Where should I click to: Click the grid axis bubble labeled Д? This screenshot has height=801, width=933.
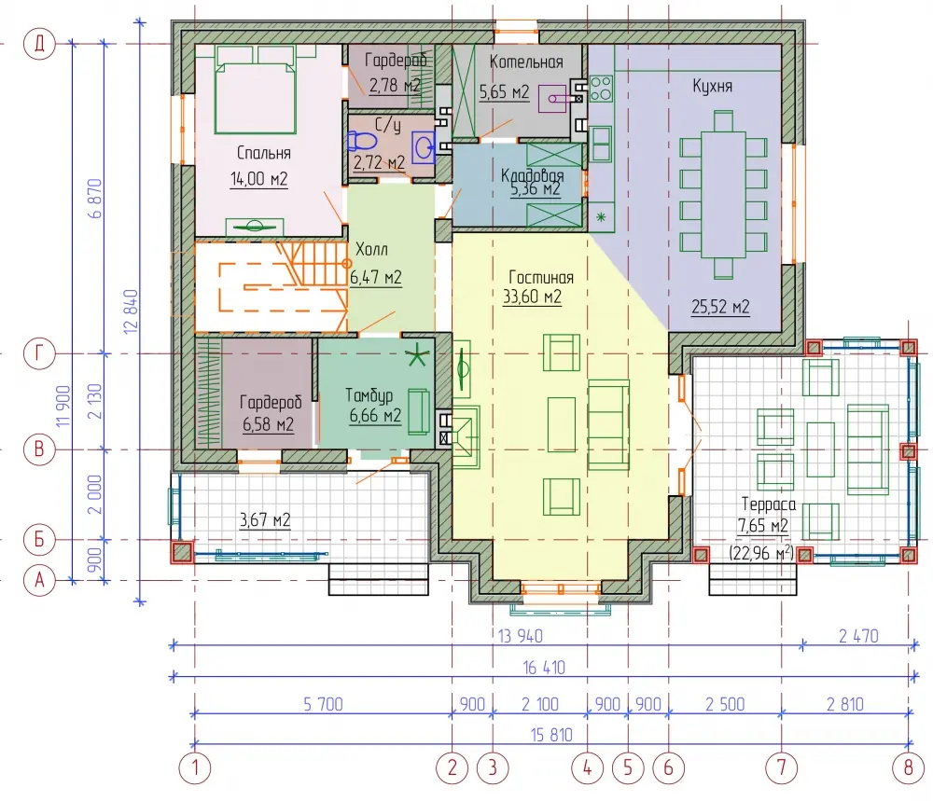click(39, 44)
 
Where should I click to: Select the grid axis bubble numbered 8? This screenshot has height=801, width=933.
click(908, 767)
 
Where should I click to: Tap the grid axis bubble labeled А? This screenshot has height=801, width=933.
click(39, 579)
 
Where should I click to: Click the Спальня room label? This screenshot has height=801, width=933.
click(264, 153)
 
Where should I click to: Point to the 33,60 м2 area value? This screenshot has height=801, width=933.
click(532, 297)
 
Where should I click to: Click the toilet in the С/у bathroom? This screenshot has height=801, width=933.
click(362, 142)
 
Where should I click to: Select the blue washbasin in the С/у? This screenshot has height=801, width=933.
click(425, 145)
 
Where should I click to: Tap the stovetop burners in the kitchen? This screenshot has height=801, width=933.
click(601, 88)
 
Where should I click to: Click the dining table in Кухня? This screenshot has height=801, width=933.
click(723, 195)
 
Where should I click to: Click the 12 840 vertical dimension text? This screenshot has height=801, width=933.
click(131, 311)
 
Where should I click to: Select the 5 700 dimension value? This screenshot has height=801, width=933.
click(323, 704)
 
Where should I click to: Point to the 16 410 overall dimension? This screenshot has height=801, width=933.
click(544, 668)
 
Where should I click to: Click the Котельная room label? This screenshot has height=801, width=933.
click(526, 62)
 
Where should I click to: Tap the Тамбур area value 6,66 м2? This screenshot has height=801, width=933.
click(375, 415)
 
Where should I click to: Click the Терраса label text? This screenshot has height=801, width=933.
click(768, 504)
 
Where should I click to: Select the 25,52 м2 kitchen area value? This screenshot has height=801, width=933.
click(720, 307)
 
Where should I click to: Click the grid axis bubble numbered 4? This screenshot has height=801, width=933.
click(587, 767)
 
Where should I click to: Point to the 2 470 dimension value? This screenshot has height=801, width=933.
click(858, 636)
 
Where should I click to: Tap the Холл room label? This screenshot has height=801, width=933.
click(371, 249)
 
